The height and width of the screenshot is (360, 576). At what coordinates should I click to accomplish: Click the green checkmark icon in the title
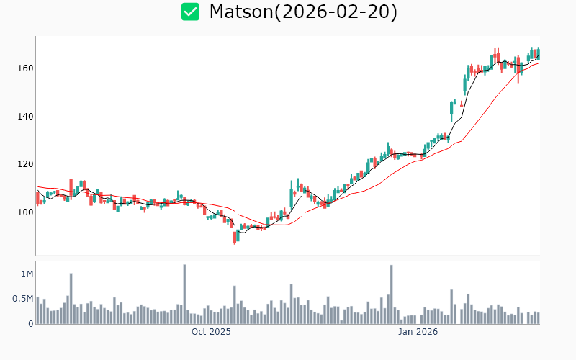(190, 12)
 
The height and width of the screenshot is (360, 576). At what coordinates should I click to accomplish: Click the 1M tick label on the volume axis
(27, 274)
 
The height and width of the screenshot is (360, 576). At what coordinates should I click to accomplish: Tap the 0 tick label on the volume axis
(31, 323)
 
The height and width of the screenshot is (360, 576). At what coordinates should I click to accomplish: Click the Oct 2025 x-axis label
(211, 332)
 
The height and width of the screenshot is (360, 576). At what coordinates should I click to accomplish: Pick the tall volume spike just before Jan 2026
(391, 294)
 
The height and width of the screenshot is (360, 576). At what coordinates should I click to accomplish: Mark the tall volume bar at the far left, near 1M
(71, 298)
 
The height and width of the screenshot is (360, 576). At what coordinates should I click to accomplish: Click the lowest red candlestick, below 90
(235, 237)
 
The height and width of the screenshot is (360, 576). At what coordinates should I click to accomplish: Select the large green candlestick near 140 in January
(451, 109)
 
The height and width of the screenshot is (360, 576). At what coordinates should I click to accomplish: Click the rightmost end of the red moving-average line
(539, 63)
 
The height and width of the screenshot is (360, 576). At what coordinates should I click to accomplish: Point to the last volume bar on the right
(538, 318)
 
